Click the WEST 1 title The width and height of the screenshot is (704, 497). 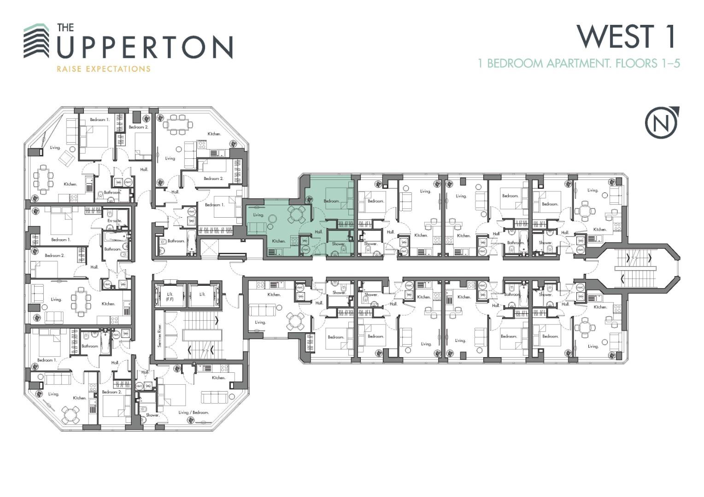(626, 36)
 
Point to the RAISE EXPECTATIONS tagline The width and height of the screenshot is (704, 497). (103, 69)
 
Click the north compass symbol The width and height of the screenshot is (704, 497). (662, 122)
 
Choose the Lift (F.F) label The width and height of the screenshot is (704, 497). (170, 296)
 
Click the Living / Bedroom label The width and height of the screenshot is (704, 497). (194, 412)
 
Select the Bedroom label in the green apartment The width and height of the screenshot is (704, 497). (331, 201)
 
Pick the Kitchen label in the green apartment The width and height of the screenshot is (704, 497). (278, 241)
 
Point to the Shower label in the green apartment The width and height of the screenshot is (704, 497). (338, 244)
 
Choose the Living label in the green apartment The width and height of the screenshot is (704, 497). (258, 215)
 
